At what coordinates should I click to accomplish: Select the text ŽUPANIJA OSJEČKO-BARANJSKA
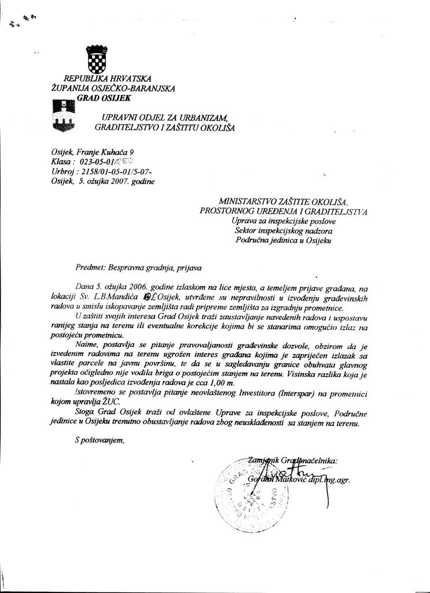click(113, 88)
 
